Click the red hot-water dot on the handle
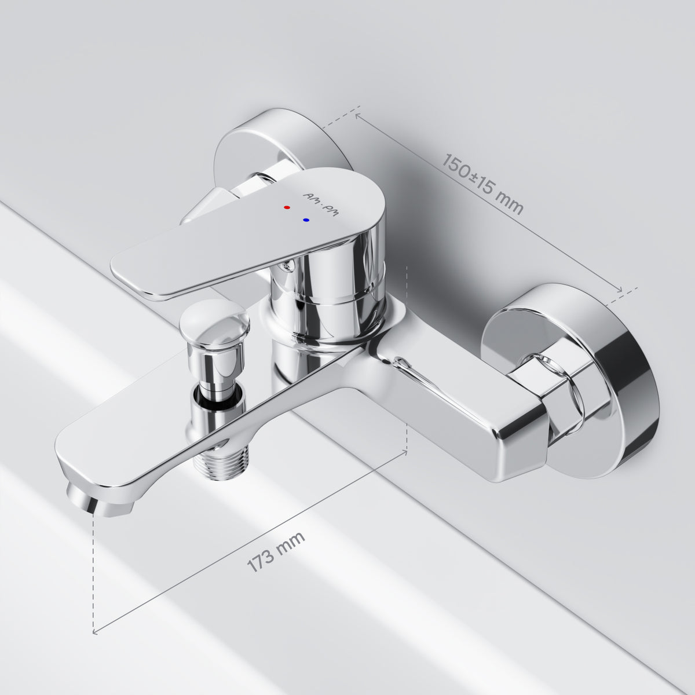pos(287,207)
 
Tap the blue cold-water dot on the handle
pos(306,220)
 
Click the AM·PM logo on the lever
pos(321,204)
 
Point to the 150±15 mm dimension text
pos(482,184)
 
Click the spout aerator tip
pos(100,500)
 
